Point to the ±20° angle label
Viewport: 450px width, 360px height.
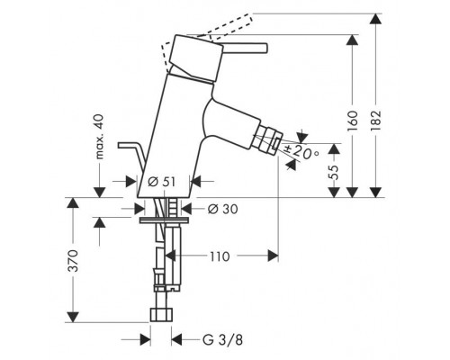(x=302, y=152)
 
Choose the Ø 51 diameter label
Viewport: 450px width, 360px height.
(x=159, y=183)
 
